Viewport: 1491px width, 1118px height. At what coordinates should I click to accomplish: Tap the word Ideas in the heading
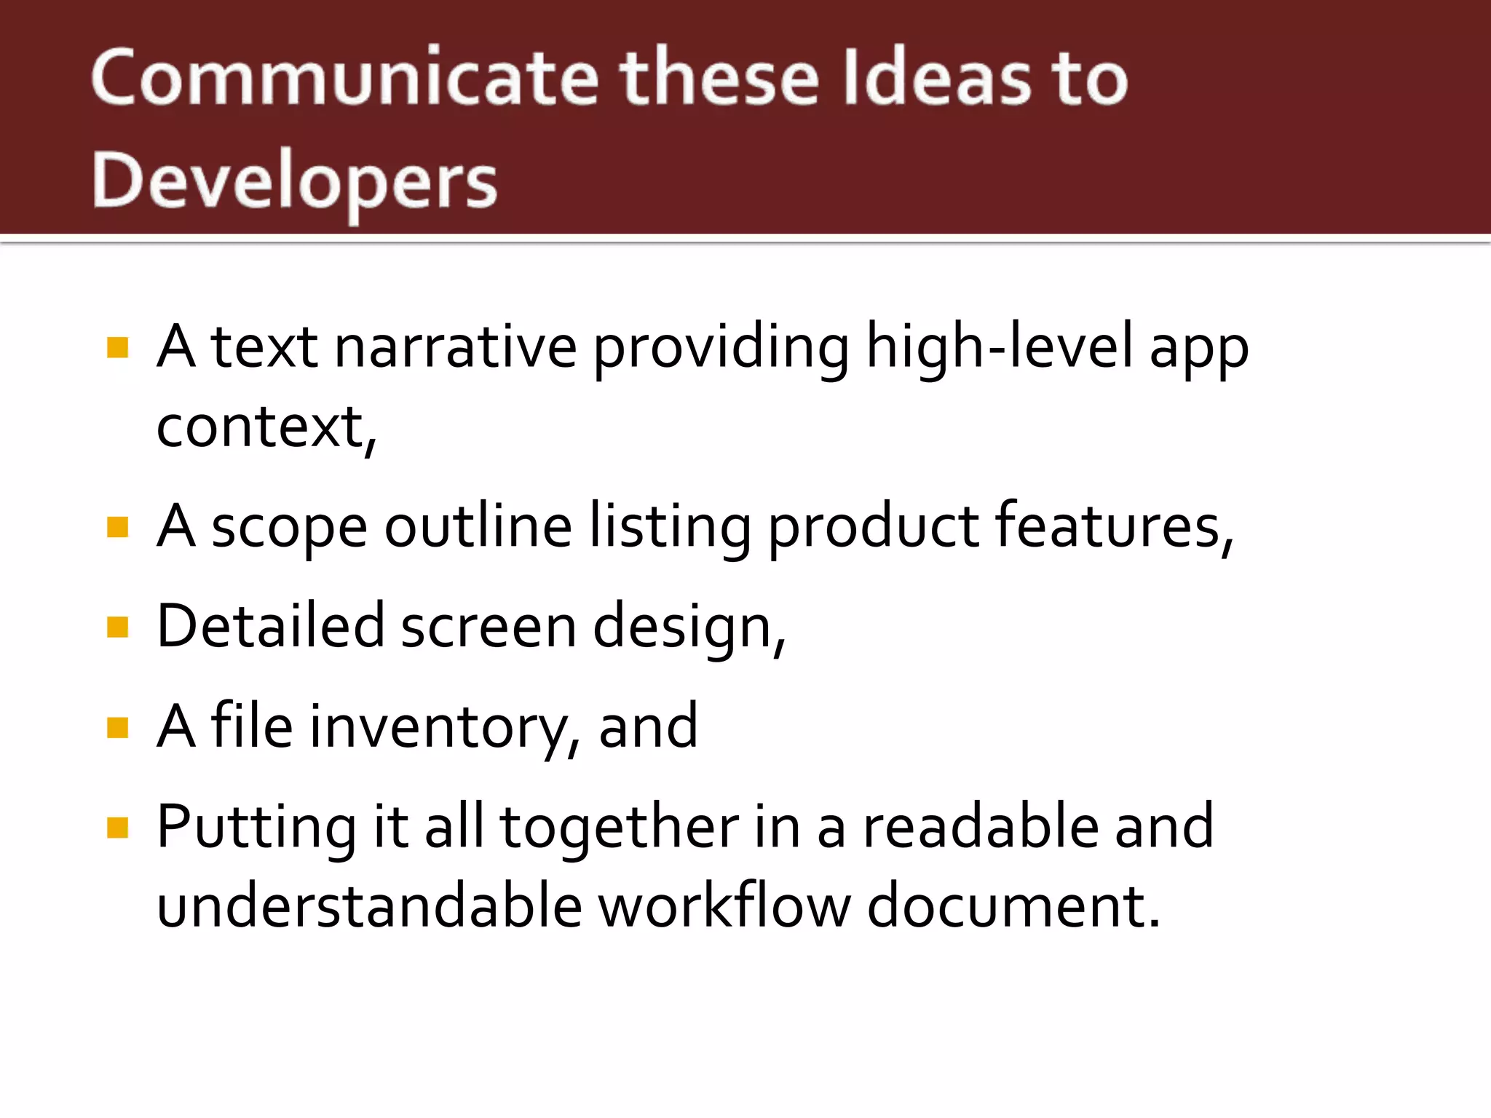[933, 78]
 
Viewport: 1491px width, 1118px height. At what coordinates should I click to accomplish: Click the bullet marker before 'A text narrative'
[117, 347]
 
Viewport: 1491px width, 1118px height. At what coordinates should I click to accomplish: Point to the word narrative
[455, 347]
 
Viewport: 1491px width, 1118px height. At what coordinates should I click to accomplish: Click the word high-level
[999, 347]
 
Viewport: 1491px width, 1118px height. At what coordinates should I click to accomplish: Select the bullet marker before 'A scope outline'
[117, 526]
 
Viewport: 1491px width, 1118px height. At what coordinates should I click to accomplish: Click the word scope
[289, 528]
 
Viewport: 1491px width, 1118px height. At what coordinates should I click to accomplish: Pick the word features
[1112, 526]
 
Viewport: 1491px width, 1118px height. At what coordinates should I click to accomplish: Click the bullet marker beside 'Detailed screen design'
[117, 627]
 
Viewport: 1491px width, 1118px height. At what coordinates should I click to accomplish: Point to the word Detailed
[270, 627]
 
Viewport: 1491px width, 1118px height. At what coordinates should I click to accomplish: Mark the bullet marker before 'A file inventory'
[117, 727]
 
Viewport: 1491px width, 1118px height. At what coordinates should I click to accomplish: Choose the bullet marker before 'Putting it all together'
[117, 827]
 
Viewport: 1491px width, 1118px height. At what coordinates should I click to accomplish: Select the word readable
[980, 827]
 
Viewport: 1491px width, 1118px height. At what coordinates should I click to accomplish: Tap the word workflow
[724, 907]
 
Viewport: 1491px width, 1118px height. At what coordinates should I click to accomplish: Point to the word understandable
[370, 907]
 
